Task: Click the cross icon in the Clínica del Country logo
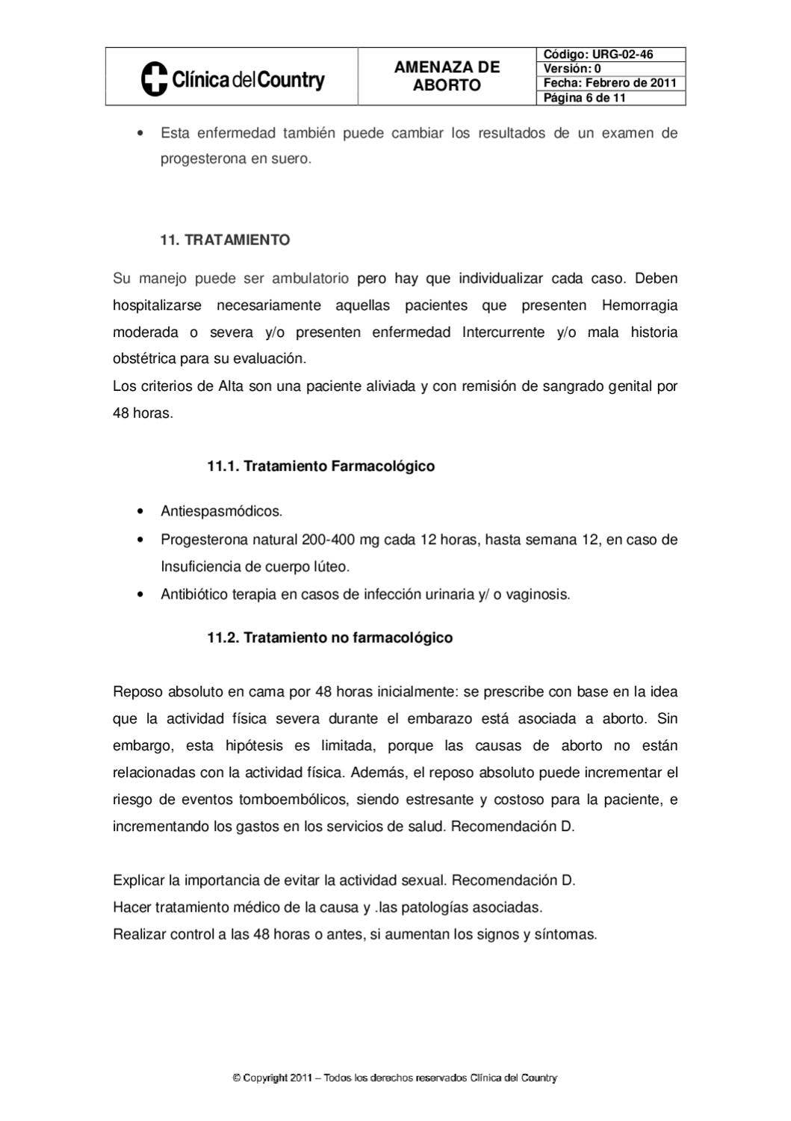pyautogui.click(x=154, y=78)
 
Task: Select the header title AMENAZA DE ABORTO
pyautogui.click(x=447, y=76)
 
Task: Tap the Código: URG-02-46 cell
pyautogui.click(x=610, y=55)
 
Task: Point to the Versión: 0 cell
pyautogui.click(x=610, y=69)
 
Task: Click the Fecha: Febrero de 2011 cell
pyautogui.click(x=610, y=83)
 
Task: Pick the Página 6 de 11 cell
pyautogui.click(x=610, y=98)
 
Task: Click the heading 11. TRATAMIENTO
pyautogui.click(x=225, y=240)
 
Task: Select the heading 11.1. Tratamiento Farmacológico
pyautogui.click(x=320, y=466)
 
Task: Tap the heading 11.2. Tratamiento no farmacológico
pyautogui.click(x=329, y=638)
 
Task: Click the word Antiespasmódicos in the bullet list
pyautogui.click(x=221, y=512)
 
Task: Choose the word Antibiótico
pyautogui.click(x=196, y=595)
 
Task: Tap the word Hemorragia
pyautogui.click(x=639, y=306)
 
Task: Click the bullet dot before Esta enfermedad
pyautogui.click(x=140, y=134)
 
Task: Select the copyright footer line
pyautogui.click(x=395, y=1078)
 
